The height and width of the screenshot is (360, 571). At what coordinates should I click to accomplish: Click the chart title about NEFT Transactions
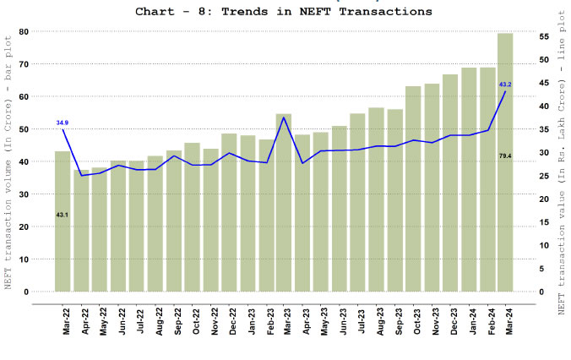(284, 12)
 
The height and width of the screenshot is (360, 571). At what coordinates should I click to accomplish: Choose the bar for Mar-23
(284, 203)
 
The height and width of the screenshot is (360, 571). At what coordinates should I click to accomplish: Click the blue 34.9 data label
(63, 123)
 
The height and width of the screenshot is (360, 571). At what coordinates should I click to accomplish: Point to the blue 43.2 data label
(505, 85)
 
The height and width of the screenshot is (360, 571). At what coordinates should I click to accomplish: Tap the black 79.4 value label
(505, 156)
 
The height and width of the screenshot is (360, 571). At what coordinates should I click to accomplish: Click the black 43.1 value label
(63, 215)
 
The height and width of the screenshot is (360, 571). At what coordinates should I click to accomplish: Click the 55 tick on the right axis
(545, 37)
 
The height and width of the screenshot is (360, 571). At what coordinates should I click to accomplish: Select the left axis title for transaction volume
(9, 161)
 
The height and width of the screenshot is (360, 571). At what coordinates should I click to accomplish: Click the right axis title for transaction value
(561, 161)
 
